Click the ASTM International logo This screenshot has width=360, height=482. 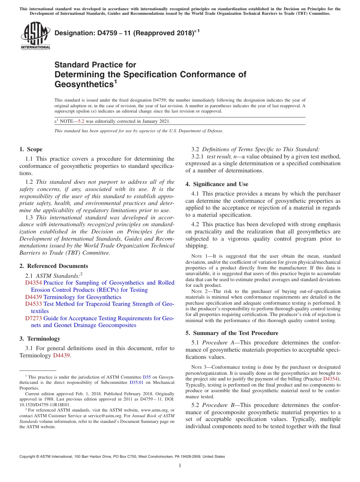coord(35,36)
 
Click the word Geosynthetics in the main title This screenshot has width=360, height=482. coord(83,84)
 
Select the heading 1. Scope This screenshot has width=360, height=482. coord(31,149)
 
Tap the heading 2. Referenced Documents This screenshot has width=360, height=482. coord(53,266)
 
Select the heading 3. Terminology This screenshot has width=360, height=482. coord(40,339)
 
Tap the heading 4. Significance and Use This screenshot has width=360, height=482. coord(217,184)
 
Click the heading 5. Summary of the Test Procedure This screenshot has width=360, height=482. coord(232,333)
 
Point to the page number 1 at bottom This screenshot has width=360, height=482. coord(180,466)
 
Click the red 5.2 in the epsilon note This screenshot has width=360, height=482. coord(81,121)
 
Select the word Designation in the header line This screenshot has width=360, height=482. coord(74,33)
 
